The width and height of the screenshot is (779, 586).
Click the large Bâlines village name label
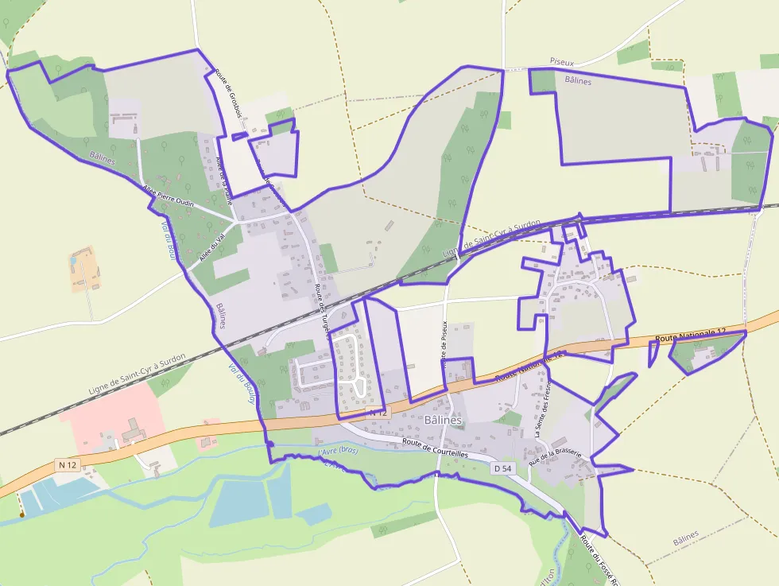[444, 419]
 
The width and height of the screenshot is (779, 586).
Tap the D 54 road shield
[502, 469]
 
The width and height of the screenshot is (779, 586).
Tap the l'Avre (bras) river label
[338, 451]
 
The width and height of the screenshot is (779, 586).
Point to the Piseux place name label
[562, 61]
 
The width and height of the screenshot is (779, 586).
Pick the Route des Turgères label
[321, 309]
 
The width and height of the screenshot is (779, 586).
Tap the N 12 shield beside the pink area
[67, 464]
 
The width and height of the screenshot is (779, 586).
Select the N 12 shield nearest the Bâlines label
[378, 413]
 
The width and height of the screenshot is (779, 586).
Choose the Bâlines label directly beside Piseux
[579, 80]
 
